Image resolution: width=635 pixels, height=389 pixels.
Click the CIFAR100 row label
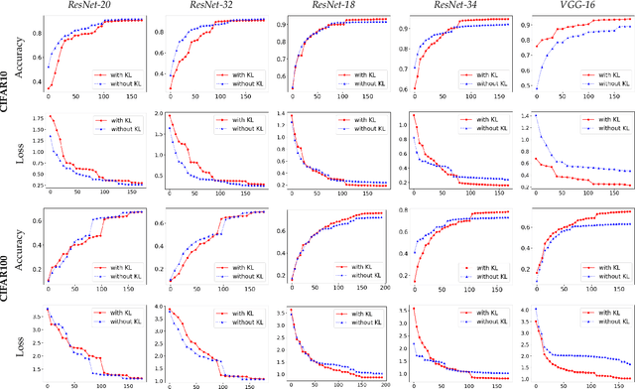click(7, 288)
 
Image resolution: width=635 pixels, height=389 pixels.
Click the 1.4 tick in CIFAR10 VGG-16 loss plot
click(523, 116)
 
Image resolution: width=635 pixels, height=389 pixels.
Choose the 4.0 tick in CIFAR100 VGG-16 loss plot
click(523, 311)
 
